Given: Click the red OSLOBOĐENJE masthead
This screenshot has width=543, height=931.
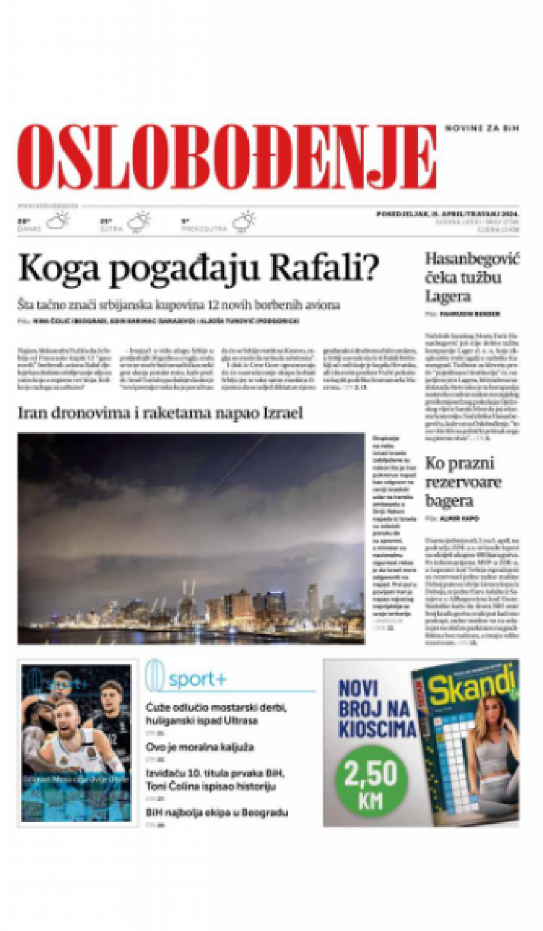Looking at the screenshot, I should click(x=226, y=157).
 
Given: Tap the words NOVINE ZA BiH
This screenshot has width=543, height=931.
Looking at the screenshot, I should click(x=481, y=128).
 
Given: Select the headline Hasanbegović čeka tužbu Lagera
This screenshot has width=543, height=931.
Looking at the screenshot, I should click(x=471, y=277).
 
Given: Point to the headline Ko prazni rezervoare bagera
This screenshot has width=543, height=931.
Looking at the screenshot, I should click(x=463, y=482).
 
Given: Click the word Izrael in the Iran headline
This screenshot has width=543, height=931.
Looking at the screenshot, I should click(x=282, y=413).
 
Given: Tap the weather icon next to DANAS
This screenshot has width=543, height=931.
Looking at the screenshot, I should click(x=58, y=222).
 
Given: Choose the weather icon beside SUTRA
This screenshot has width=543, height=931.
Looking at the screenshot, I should click(x=139, y=222).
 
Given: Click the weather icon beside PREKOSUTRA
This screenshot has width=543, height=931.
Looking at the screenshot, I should click(x=244, y=222).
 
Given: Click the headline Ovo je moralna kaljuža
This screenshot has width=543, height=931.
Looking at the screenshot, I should click(x=200, y=747).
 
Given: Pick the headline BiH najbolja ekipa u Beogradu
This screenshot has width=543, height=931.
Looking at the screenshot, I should click(x=217, y=813).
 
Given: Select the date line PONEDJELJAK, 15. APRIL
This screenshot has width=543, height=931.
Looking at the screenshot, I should click(x=447, y=213).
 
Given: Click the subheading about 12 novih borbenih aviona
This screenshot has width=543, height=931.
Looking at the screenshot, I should click(x=179, y=305).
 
